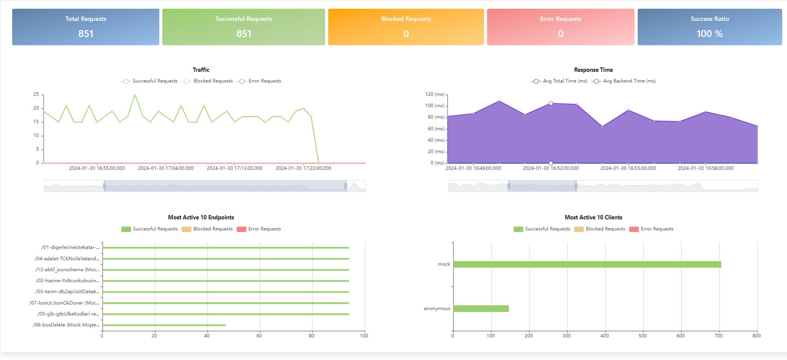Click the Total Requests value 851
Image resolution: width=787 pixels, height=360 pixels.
(86, 34)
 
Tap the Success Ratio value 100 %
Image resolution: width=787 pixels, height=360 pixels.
(709, 34)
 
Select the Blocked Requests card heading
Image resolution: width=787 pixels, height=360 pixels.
(406, 19)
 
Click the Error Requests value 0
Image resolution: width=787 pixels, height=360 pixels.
(561, 34)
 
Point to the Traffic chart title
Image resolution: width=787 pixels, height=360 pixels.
(201, 70)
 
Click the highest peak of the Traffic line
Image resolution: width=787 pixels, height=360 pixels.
(135, 94)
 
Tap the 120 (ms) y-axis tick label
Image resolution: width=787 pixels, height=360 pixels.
(434, 94)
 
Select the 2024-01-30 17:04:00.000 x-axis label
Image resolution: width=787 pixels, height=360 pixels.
(165, 168)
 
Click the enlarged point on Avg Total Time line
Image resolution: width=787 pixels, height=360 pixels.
(551, 103)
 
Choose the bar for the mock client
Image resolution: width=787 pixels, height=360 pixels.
(587, 264)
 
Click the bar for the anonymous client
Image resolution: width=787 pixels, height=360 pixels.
(481, 309)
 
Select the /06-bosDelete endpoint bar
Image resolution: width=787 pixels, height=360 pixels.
(164, 325)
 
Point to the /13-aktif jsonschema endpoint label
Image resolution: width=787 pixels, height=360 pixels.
(67, 269)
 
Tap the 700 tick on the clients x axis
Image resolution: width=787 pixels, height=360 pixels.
(719, 336)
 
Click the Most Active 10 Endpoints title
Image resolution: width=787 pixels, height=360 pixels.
(201, 217)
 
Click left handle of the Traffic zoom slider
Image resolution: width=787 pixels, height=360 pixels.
(104, 186)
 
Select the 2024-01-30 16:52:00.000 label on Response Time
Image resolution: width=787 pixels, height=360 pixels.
(551, 168)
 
